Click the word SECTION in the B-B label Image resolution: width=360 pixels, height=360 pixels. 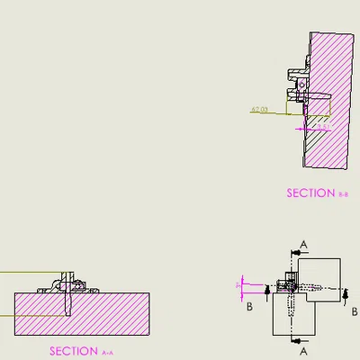coord(310,193)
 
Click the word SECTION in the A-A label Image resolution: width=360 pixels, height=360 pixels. coord(73,351)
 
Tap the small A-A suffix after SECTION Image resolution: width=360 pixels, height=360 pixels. coord(108,352)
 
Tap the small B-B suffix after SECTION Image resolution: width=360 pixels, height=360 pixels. coord(343,193)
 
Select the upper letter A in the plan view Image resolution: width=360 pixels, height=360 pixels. coord(304,244)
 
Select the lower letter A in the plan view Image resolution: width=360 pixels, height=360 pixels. coord(304,350)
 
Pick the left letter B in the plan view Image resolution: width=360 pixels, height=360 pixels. coord(249,306)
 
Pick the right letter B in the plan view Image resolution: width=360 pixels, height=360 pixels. coord(355,311)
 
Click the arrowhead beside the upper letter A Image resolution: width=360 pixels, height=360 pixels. coord(292,252)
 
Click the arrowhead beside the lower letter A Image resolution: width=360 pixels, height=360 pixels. coord(292,341)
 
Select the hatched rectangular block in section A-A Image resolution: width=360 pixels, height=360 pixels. coord(81,314)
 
